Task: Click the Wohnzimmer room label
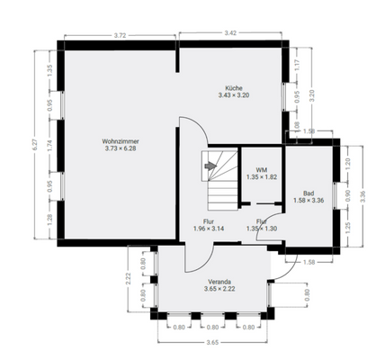pyautogui.click(x=121, y=141)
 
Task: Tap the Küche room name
pyautogui.click(x=233, y=88)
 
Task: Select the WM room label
pyautogui.click(x=261, y=169)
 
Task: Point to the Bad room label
pyautogui.click(x=309, y=193)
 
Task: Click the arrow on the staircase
pyautogui.click(x=211, y=166)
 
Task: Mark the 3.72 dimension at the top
pyautogui.click(x=119, y=34)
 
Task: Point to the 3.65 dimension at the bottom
pyautogui.click(x=212, y=343)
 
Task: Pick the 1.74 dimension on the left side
pyautogui.click(x=50, y=143)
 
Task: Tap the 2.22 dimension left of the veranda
pyautogui.click(x=129, y=282)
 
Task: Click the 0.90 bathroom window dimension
pyautogui.click(x=348, y=192)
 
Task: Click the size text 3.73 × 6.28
pyautogui.click(x=121, y=148)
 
